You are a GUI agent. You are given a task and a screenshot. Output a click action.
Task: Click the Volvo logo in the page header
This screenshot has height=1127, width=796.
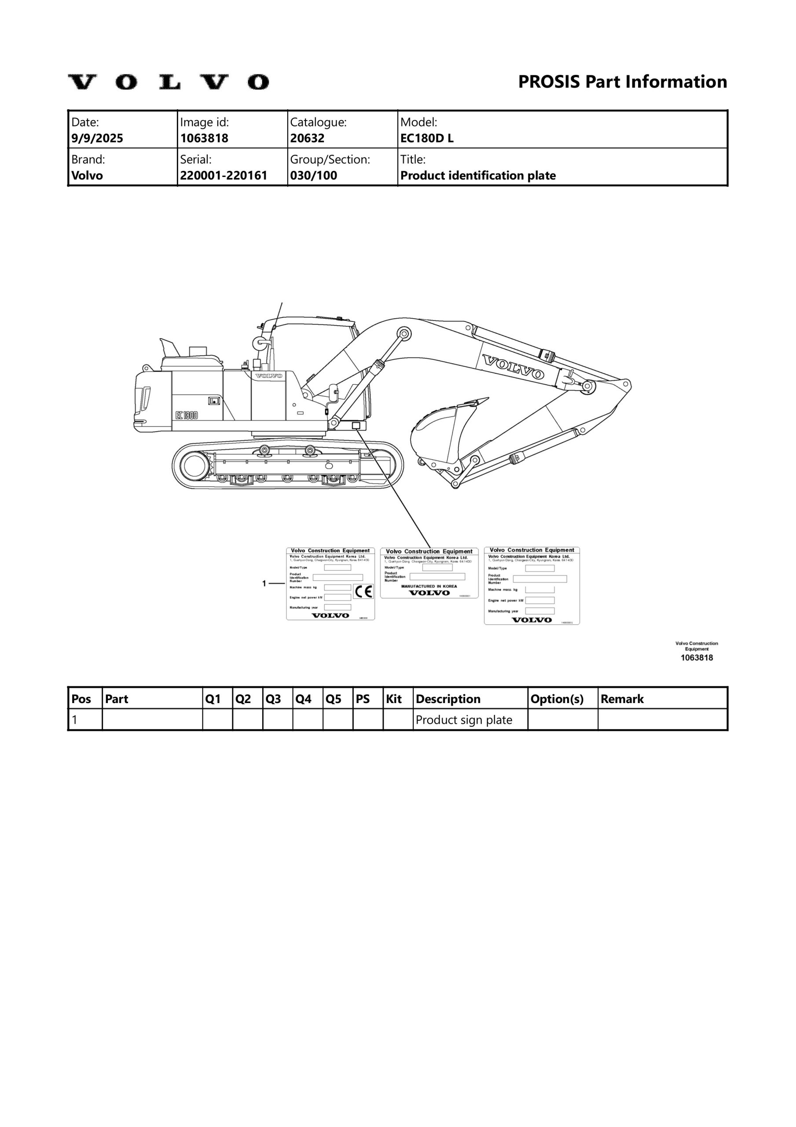pos(168,82)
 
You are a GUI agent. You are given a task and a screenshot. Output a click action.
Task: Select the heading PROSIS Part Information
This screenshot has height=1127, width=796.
pos(622,81)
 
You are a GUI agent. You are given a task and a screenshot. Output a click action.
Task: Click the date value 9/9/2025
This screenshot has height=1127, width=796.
pos(97,138)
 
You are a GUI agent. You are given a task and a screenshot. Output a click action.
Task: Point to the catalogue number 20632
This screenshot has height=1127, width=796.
pos(307,138)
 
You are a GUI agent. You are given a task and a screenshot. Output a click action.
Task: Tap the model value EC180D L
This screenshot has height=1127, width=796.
pos(427,138)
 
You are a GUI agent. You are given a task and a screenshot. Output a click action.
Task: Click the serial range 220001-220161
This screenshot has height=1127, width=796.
pos(224,175)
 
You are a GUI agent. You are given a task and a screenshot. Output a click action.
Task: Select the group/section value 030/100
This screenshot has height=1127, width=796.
pos(314,175)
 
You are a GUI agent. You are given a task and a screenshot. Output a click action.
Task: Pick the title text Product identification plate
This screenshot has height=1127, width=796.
pos(478,175)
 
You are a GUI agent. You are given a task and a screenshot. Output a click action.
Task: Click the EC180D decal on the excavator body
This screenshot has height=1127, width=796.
pos(187,415)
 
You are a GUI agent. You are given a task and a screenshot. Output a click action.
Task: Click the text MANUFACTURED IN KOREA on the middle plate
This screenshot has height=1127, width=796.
pos(429,586)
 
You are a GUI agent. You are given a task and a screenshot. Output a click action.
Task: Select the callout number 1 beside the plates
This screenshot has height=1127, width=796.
pos(264,583)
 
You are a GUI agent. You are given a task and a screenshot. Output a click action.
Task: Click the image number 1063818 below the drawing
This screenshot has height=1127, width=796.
pos(697,658)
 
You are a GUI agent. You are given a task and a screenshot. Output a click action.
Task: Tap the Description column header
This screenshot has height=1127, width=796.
pos(448,699)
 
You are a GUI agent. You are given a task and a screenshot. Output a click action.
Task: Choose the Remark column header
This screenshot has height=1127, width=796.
pos(622,699)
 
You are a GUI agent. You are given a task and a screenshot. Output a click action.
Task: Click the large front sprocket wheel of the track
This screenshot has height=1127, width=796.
pos(194,465)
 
